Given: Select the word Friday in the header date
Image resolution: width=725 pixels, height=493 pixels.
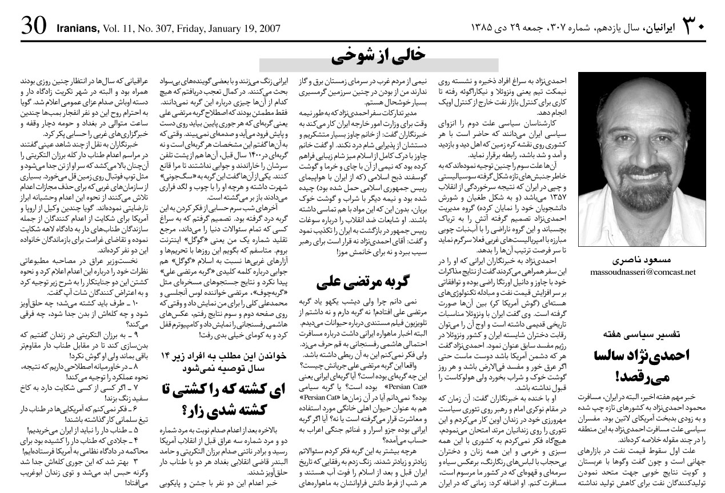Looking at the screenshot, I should coord(197,27).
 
